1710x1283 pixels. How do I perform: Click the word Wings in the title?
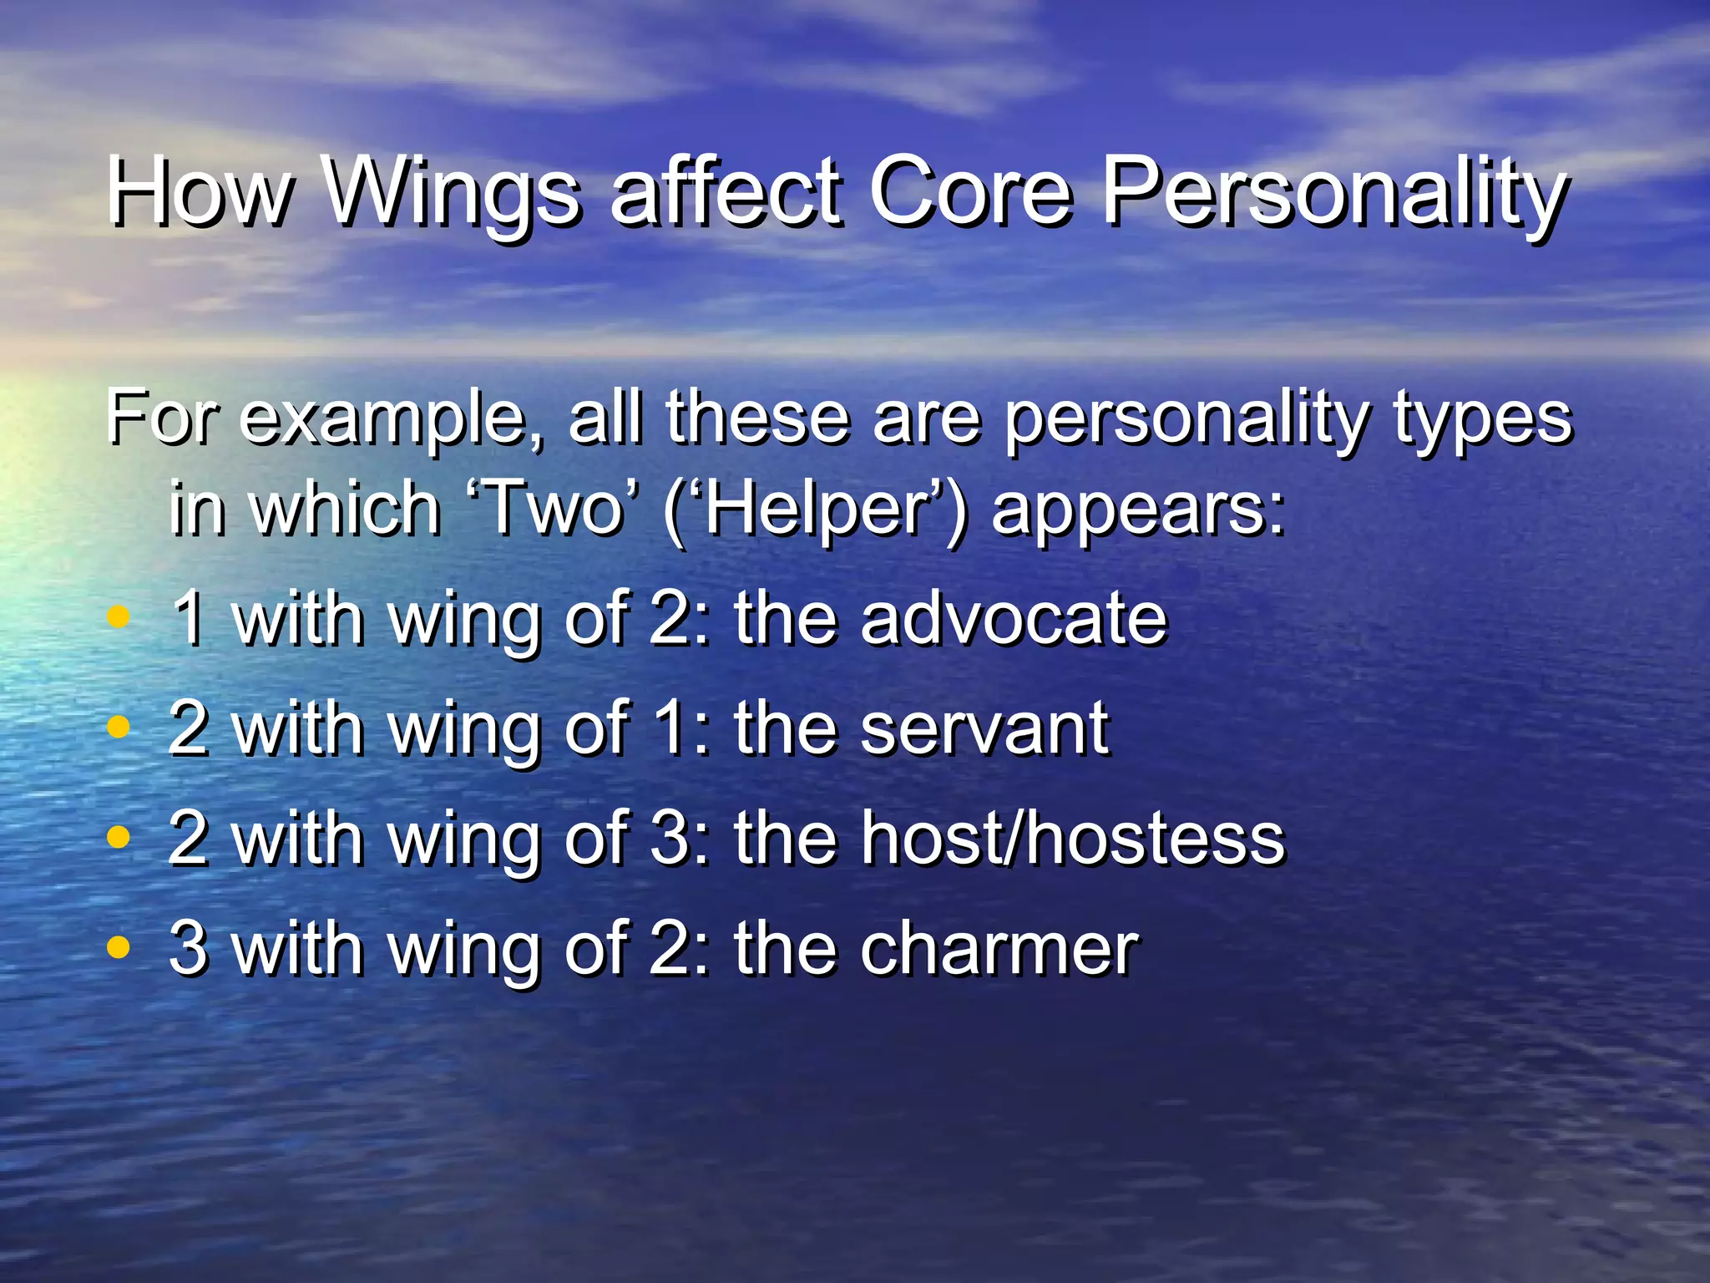(x=451, y=194)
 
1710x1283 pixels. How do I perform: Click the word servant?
(x=984, y=728)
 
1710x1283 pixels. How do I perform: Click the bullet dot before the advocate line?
(x=119, y=617)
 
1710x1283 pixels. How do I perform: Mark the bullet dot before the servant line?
(x=119, y=727)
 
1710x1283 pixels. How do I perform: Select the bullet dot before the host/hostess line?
(x=119, y=837)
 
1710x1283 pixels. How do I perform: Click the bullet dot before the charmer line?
(x=119, y=947)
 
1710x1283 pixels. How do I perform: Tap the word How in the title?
(x=200, y=194)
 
